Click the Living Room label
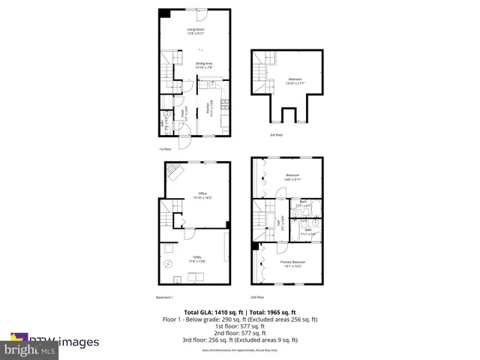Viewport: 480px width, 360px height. (x=196, y=30)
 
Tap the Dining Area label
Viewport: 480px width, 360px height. (x=204, y=63)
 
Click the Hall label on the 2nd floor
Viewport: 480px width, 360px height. (x=280, y=223)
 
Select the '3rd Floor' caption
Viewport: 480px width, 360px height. (x=277, y=135)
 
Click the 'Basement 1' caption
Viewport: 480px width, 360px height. (x=165, y=297)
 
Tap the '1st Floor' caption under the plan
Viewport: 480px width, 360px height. (x=166, y=149)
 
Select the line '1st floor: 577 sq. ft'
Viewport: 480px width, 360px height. (x=240, y=326)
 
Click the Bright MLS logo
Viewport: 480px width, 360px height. (x=30, y=349)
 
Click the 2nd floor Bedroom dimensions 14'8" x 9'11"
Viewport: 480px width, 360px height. (x=292, y=180)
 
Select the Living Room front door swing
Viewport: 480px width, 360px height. (x=202, y=15)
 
